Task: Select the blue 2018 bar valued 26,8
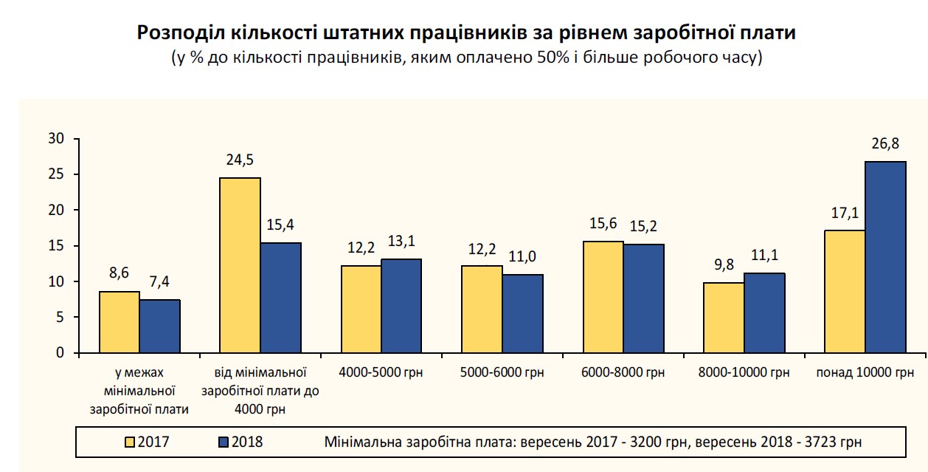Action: point(885,257)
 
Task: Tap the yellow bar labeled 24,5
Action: point(240,265)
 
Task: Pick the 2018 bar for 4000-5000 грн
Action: point(401,306)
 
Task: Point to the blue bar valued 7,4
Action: point(160,326)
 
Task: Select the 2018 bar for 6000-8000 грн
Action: point(643,298)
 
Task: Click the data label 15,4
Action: point(281,225)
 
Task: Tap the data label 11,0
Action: point(522,256)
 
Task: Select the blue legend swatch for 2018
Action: point(224,442)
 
